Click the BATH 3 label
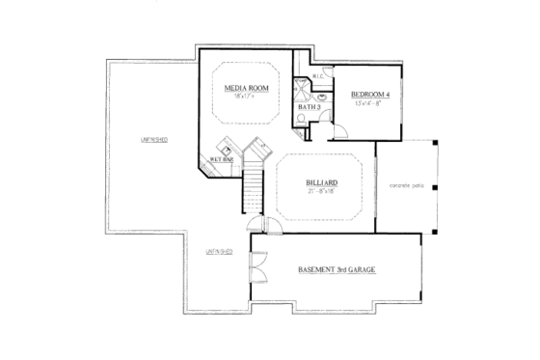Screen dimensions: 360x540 309,105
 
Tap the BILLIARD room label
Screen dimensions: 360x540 320,180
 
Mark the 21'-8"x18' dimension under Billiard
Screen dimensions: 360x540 320,191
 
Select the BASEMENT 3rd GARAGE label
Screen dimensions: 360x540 336,270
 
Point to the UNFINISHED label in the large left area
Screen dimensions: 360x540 153,140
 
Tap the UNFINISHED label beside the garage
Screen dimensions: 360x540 217,252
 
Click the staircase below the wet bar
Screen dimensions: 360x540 253,189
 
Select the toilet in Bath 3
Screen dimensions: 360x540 301,121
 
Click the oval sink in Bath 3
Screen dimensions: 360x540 321,98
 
